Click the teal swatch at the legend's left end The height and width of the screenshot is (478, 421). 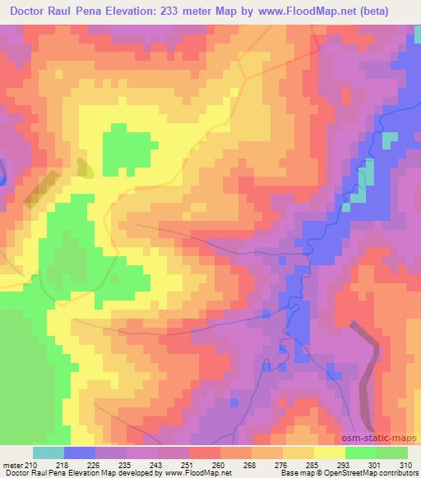pyautogui.click(x=48, y=452)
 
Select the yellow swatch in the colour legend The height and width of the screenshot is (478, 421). pyautogui.click(x=329, y=452)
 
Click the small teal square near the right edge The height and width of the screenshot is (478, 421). pyautogui.click(x=389, y=140)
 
